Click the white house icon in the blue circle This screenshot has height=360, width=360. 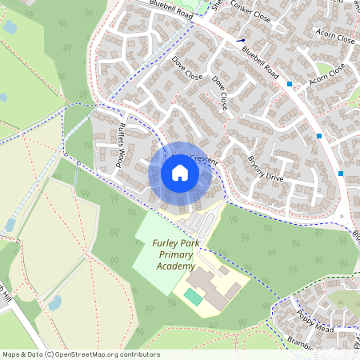[x=180, y=173]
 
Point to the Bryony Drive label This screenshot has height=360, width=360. [x=265, y=166]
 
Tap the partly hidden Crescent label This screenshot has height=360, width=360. [x=204, y=160]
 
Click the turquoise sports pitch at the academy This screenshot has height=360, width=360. [x=193, y=296]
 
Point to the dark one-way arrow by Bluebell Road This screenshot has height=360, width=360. [x=241, y=38]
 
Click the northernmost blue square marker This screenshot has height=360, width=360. [x=290, y=83]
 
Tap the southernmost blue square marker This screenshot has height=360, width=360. [x=341, y=174]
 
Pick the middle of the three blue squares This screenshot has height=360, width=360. [x=319, y=137]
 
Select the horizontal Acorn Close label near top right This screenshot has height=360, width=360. [x=335, y=38]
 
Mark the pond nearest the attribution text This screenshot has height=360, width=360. [x=54, y=303]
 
